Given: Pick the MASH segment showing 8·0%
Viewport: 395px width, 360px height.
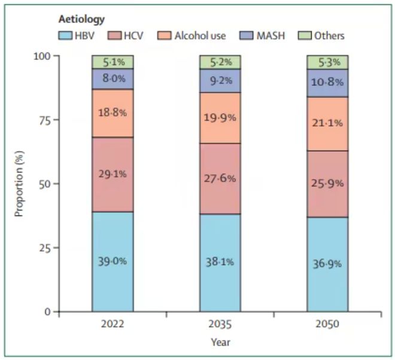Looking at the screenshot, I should pos(113,78).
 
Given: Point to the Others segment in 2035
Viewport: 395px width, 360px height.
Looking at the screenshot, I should pos(220,62).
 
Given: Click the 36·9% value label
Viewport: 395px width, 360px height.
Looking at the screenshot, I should pos(327,263).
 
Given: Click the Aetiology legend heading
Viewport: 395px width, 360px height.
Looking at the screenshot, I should pos(80,20).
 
